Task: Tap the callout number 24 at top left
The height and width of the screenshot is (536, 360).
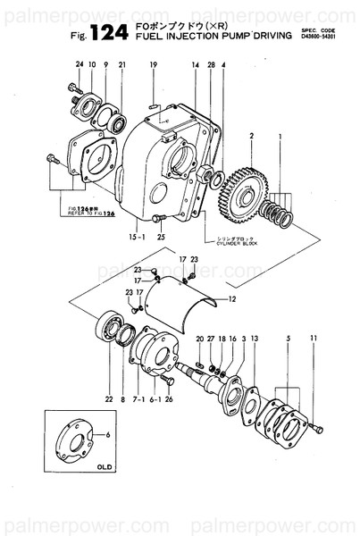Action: tap(79, 65)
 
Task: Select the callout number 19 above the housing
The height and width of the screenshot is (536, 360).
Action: tap(153, 65)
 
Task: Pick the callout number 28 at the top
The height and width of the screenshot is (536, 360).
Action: tap(211, 65)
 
